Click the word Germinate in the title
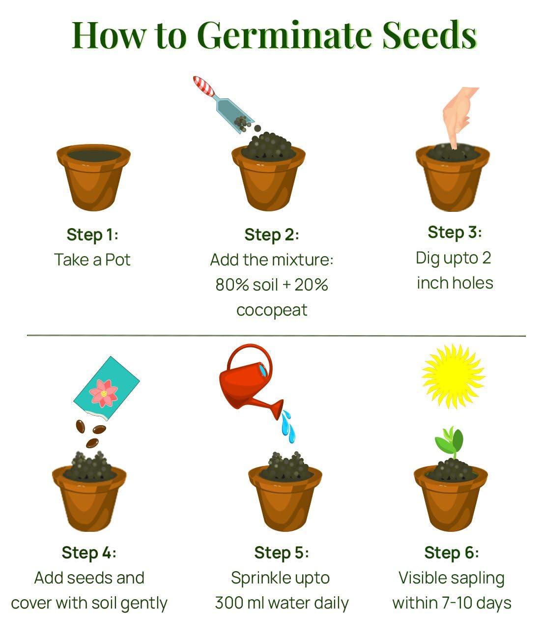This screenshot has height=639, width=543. click(x=287, y=35)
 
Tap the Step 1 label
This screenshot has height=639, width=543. click(x=92, y=234)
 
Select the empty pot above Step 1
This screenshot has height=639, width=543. click(x=93, y=177)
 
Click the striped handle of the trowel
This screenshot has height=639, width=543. click(x=204, y=87)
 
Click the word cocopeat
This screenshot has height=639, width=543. click(x=272, y=310)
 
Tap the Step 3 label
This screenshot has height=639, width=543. click(x=455, y=232)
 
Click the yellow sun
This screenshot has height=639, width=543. click(x=453, y=376)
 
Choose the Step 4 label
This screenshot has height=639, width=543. click(x=89, y=552)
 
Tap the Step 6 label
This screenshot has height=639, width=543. click(x=451, y=552)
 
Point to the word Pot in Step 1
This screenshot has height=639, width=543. click(x=118, y=260)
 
